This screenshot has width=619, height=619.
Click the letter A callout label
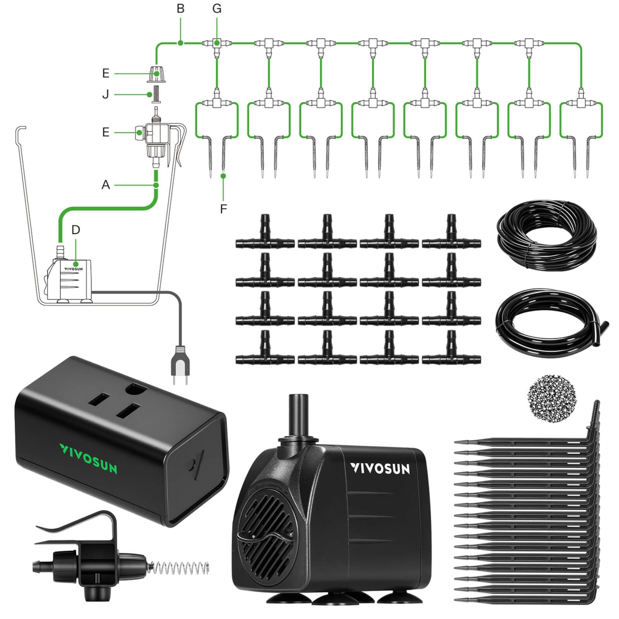[106, 185]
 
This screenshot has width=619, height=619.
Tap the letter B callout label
[180, 9]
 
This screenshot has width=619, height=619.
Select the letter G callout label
[217, 9]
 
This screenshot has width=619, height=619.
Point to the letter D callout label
[76, 230]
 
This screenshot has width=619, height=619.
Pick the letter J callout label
[106, 95]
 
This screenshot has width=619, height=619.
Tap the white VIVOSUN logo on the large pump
[380, 468]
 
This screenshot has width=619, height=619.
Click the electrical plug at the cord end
[180, 365]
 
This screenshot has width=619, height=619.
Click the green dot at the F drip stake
[223, 176]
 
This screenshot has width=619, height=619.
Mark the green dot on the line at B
[180, 43]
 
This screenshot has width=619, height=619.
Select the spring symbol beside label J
[156, 94]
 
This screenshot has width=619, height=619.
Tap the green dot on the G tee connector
[217, 43]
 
